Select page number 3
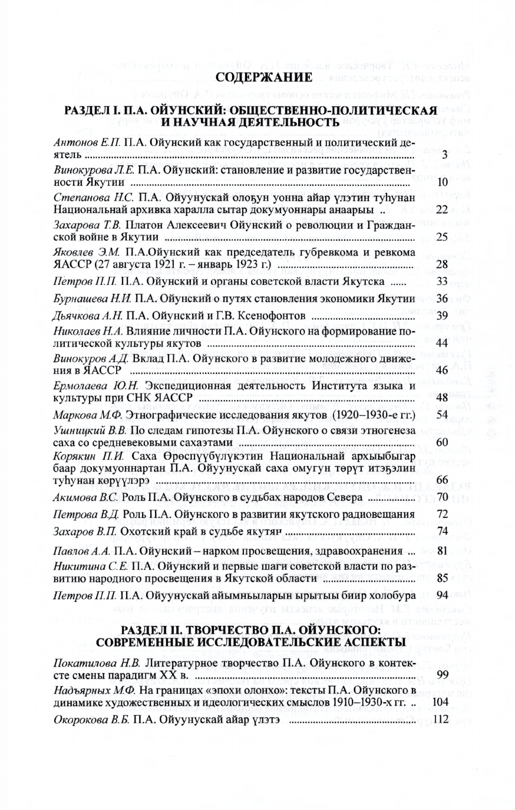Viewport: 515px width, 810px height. coord(445,155)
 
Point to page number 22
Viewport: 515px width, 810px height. coord(442,209)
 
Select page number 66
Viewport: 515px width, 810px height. coord(442,481)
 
